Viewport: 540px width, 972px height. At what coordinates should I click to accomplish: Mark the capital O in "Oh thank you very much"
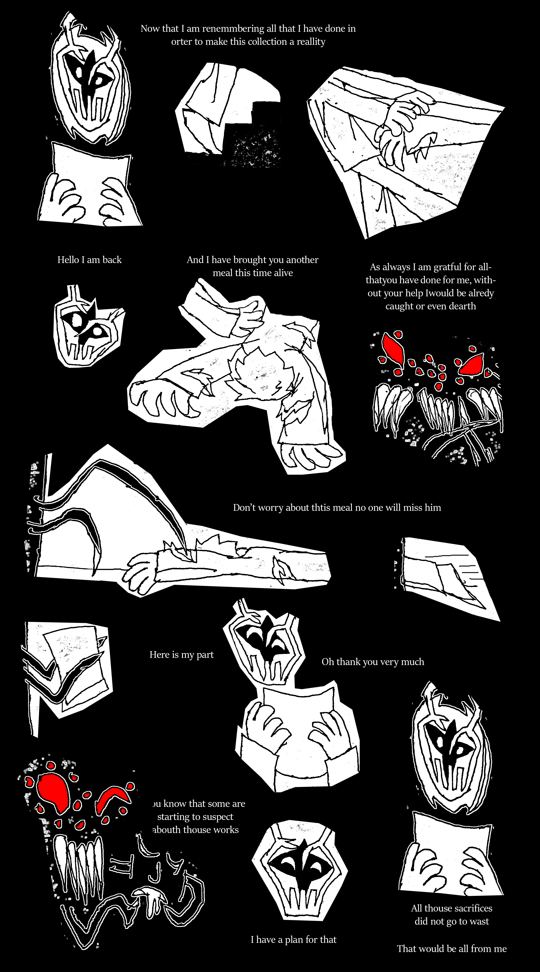click(x=326, y=662)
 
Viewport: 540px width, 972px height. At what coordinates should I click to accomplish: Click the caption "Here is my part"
click(x=182, y=655)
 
